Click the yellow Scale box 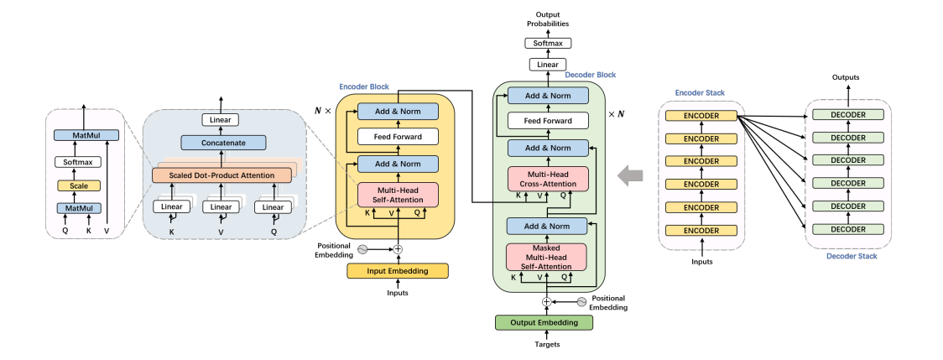[x=78, y=185]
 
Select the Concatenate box [x=222, y=143]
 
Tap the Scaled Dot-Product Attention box [x=222, y=175]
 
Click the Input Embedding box [x=398, y=270]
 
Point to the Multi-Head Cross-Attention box [x=547, y=178]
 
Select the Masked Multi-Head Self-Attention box [x=547, y=257]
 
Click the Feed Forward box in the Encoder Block [x=399, y=136]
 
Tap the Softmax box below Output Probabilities [x=547, y=42]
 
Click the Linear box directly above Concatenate [x=222, y=120]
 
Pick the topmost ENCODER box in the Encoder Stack [x=700, y=116]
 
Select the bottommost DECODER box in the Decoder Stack [x=847, y=229]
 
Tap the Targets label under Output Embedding [x=546, y=344]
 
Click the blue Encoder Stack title [x=700, y=92]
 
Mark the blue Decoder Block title [x=590, y=75]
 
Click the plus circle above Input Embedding [x=399, y=248]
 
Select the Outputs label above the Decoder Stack [x=846, y=77]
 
